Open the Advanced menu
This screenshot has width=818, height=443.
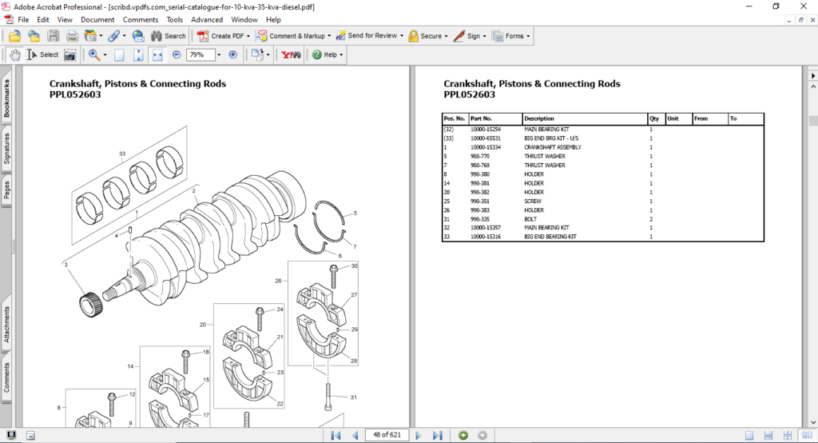click(207, 19)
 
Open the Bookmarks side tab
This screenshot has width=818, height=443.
click(7, 98)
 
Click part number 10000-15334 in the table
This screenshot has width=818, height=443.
click(486, 147)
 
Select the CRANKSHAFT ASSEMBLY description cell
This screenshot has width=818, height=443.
click(552, 147)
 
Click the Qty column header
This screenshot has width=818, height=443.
click(654, 118)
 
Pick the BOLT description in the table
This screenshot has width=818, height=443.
click(531, 218)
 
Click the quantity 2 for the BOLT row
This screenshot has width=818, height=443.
click(651, 218)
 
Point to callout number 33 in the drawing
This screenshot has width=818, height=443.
click(122, 154)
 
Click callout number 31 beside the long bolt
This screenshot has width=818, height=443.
click(353, 397)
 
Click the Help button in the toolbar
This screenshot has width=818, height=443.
click(328, 55)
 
